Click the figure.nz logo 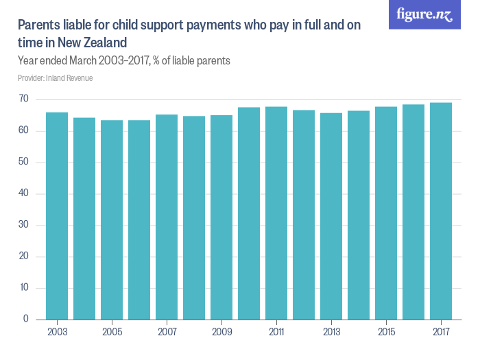click(x=424, y=14)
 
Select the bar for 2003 click(x=57, y=216)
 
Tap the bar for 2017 click(x=441, y=211)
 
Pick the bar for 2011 click(x=276, y=213)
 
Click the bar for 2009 click(x=221, y=217)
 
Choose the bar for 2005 click(x=112, y=220)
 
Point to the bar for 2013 click(x=331, y=217)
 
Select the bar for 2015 click(x=386, y=213)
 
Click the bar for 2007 click(x=167, y=217)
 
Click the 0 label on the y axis click(x=26, y=319)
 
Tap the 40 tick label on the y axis click(x=23, y=193)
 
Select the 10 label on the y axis click(x=24, y=287)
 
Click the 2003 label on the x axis click(x=57, y=332)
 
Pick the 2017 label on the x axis click(x=441, y=332)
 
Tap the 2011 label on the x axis click(x=276, y=332)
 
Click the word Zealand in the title click(x=105, y=43)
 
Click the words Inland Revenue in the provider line click(x=69, y=78)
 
